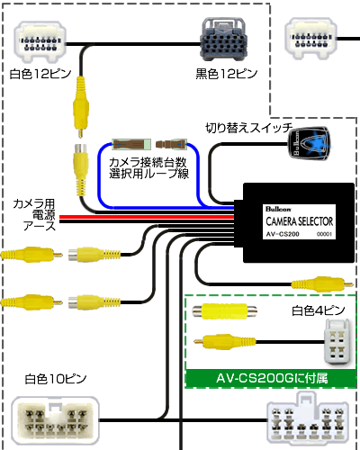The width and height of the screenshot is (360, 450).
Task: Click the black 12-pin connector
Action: coord(224,39)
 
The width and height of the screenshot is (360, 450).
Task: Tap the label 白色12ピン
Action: coord(40,74)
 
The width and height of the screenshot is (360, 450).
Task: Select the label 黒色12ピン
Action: coord(227,74)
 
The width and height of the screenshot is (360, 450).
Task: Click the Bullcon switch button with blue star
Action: coord(309,143)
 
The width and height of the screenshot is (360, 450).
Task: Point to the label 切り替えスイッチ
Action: coord(249,128)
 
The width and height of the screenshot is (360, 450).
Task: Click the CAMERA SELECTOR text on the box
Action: coord(300,221)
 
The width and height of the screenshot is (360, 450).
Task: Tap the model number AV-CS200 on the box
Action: coord(283,234)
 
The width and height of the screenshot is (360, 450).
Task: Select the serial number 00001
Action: coord(324,234)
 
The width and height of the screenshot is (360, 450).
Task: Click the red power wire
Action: coord(147,217)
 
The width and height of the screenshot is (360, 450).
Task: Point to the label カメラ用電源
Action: coord(34,210)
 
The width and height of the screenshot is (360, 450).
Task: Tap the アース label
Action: coord(40,226)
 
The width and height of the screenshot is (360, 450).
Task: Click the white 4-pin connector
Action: coord(337,342)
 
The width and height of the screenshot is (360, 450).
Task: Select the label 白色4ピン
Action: coord(319,310)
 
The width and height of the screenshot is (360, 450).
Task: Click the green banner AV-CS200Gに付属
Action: coord(271,378)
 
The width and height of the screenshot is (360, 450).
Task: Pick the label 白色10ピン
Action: coord(56,379)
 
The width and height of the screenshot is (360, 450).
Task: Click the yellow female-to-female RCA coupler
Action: coord(225,311)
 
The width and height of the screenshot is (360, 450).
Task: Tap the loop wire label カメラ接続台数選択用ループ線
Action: coord(149,168)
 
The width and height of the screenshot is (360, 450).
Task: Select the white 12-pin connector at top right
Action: coord(310,39)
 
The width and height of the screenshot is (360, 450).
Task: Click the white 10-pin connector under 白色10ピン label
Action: coord(56,421)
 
